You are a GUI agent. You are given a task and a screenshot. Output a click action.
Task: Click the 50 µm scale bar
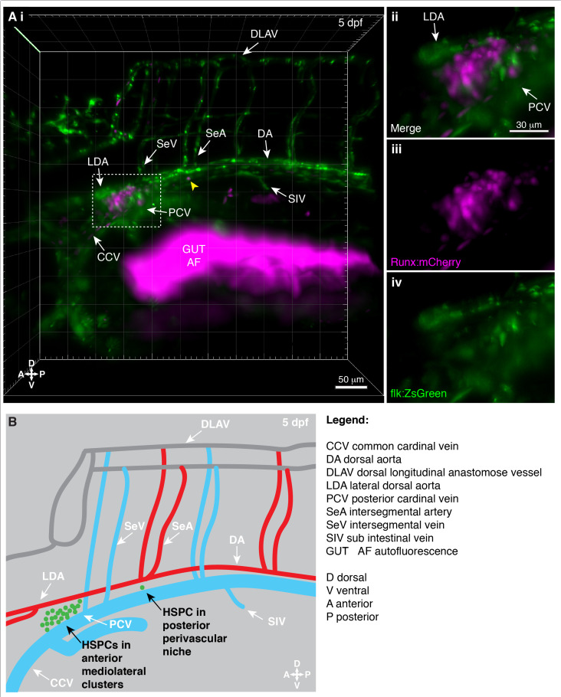point(353,387)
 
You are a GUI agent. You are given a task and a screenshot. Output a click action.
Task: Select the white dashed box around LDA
point(126,201)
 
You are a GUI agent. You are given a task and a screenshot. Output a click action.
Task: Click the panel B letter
point(13,420)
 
